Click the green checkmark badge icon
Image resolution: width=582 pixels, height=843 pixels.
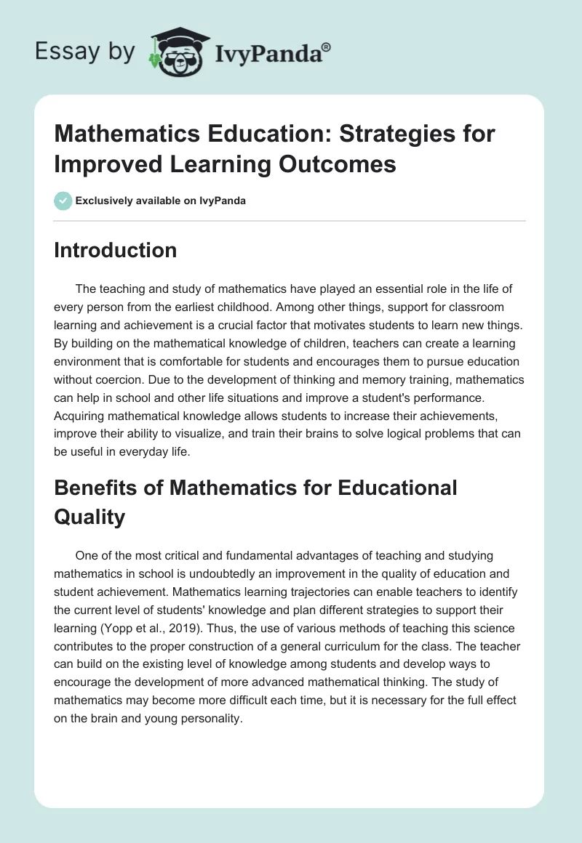(63, 201)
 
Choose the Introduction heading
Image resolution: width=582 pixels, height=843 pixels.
(116, 250)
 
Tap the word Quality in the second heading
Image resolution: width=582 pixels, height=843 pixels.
(89, 517)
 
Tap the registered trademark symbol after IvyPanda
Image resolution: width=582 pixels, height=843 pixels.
(327, 46)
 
